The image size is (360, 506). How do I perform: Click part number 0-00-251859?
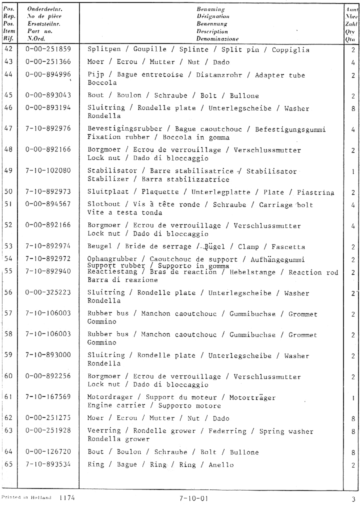[x=48, y=49]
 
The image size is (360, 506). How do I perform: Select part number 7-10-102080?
[x=48, y=171]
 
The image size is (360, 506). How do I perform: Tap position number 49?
[x=8, y=171]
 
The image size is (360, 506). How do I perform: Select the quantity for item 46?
[x=352, y=108]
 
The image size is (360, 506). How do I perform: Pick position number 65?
[x=8, y=464]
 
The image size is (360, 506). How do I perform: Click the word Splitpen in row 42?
[x=104, y=49]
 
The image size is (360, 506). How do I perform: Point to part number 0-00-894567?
[x=48, y=204]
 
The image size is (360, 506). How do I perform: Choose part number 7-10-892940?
[x=48, y=271]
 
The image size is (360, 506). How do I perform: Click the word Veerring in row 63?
[x=104, y=431]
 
